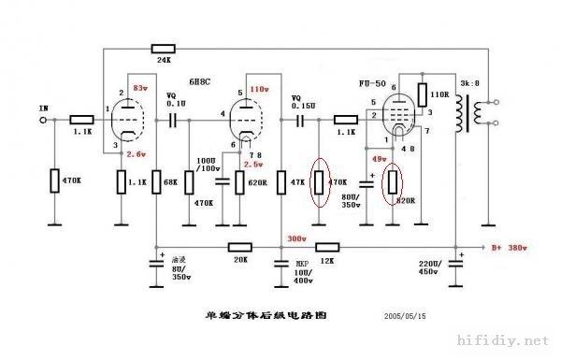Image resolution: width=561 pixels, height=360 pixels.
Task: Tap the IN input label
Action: click(42, 108)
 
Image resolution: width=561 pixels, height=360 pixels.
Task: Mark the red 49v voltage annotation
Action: click(378, 160)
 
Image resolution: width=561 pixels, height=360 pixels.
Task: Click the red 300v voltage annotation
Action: click(297, 238)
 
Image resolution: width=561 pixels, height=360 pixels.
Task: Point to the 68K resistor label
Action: click(172, 182)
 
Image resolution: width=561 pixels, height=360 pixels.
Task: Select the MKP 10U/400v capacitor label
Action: click(303, 270)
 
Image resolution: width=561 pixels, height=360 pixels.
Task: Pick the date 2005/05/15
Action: click(405, 317)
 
